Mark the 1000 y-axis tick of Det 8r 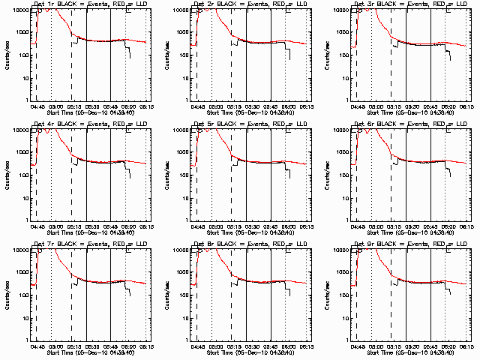pos(181,272)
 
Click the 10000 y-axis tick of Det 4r pos(19,130)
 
